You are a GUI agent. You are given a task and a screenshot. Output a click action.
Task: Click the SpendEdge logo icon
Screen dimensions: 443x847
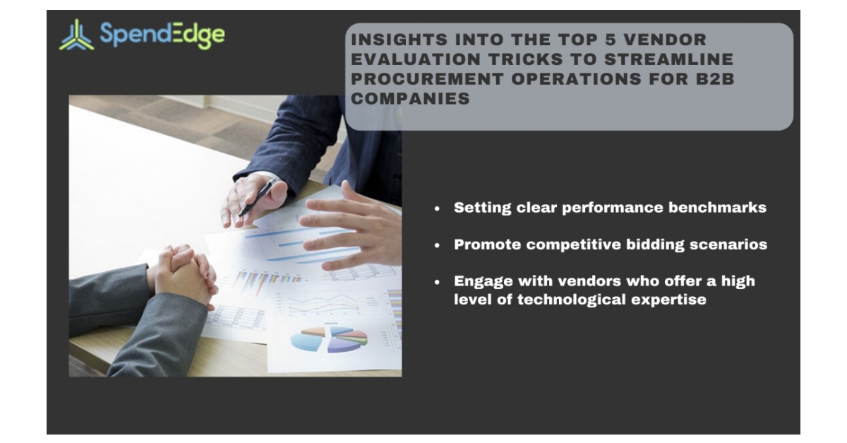pos(76,35)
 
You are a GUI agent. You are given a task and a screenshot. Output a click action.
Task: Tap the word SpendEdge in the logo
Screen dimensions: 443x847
pos(162,34)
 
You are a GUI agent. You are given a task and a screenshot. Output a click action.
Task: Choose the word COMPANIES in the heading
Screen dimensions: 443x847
pos(410,99)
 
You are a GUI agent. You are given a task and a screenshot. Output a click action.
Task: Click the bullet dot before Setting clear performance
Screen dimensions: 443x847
pos(438,209)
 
